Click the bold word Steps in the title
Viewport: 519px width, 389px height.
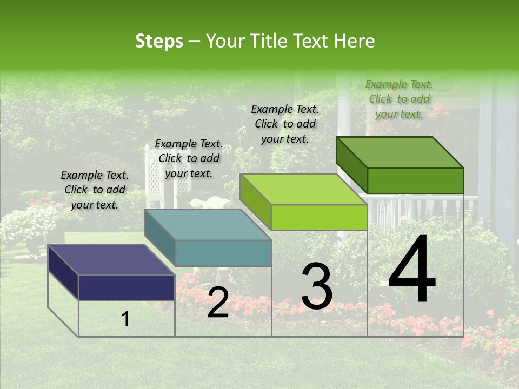(x=159, y=41)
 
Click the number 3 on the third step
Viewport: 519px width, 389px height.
(x=317, y=287)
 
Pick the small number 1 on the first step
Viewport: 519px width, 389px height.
(x=125, y=319)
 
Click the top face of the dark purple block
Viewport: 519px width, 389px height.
(x=111, y=259)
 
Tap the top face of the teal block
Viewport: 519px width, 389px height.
(x=208, y=225)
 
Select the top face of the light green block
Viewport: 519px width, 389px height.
(x=303, y=190)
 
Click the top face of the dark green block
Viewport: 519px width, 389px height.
(x=400, y=152)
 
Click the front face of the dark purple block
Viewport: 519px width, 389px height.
(x=127, y=287)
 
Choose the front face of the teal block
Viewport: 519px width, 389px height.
(x=223, y=253)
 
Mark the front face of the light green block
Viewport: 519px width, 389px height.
(x=319, y=218)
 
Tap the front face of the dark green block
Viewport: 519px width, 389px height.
(x=415, y=180)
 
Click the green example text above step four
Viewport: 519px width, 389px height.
(x=399, y=99)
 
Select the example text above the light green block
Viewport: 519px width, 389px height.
(x=285, y=124)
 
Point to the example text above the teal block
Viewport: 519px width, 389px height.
(x=189, y=158)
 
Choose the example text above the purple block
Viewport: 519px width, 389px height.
(x=95, y=190)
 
